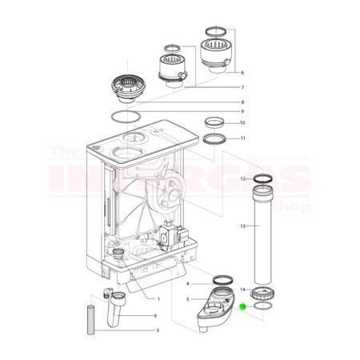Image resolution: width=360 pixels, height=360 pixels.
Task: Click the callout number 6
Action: (242, 73)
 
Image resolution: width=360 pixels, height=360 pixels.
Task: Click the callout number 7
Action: (242, 87)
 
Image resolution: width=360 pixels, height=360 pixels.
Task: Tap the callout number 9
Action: (242, 112)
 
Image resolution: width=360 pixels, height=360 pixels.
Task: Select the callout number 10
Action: (242, 123)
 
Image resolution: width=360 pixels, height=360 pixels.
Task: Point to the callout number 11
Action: (242, 138)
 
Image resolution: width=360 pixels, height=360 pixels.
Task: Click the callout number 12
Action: (242, 180)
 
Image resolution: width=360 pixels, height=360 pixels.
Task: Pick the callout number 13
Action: (242, 226)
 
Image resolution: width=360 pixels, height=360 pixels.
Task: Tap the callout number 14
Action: (242, 288)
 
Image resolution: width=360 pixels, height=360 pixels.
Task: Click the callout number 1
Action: (158, 299)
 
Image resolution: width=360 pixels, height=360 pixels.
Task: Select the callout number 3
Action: (157, 330)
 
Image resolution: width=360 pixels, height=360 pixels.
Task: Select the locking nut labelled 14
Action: (263, 289)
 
